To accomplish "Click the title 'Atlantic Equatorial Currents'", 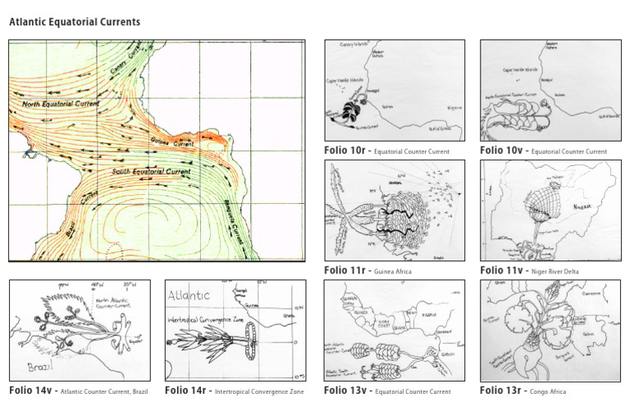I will point(75,22).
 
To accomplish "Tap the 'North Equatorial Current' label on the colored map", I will point(61,105).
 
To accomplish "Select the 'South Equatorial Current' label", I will point(149,172).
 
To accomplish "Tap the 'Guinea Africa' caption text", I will point(393,271).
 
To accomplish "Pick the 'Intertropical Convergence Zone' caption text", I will point(259,392).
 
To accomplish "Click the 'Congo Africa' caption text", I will point(549,392).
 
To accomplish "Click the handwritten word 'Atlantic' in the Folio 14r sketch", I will point(189,295).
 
